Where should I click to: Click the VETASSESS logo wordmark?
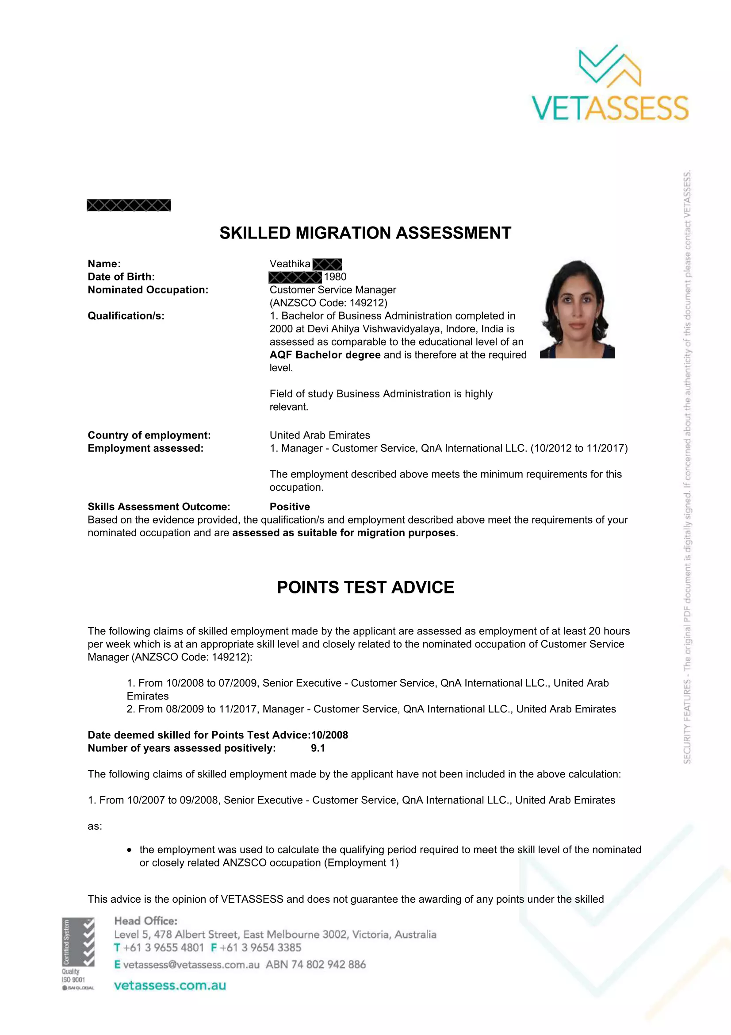point(610,108)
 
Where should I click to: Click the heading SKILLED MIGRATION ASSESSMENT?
point(365,233)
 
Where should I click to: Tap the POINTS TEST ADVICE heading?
point(365,587)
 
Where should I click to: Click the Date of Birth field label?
point(121,277)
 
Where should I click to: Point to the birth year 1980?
point(335,277)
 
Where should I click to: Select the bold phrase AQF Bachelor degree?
point(325,355)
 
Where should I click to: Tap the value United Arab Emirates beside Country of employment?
point(320,435)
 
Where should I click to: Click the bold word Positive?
point(290,507)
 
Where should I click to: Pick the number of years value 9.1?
point(318,748)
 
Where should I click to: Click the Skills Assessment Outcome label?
point(159,507)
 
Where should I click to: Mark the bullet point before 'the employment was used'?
point(130,850)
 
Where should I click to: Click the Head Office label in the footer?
point(146,921)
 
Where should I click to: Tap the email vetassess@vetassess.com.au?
point(191,965)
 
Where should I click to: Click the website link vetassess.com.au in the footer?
point(170,985)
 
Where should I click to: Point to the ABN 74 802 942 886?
point(316,965)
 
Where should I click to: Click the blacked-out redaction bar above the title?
point(129,206)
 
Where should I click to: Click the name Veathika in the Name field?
point(290,264)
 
